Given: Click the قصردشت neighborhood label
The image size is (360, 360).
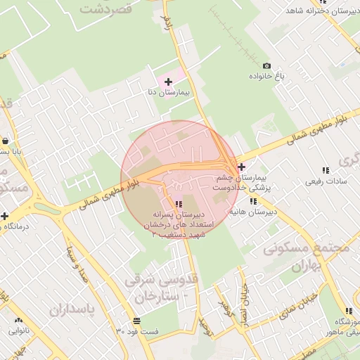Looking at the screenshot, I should [107, 9].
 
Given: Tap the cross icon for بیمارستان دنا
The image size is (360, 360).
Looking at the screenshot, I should [168, 82].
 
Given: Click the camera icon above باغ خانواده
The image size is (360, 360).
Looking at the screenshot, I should [266, 65].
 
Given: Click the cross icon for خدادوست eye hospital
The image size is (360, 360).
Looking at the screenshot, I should [242, 167].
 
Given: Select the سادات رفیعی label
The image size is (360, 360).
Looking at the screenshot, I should [325, 181].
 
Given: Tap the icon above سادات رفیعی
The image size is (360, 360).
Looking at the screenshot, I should [325, 170].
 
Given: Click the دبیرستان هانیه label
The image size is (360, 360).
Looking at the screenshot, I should [255, 211].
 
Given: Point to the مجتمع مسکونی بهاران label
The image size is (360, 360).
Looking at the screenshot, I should [300, 257].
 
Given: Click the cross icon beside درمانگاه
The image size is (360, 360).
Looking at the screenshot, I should [5, 216].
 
